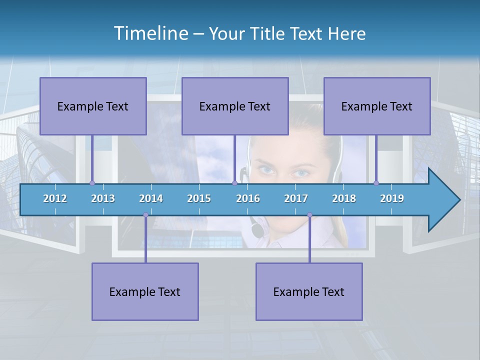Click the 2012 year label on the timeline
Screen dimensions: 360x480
point(55,198)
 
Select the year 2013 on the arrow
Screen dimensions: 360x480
point(103,198)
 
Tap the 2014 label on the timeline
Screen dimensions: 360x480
point(151,198)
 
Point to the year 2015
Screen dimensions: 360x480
point(199,198)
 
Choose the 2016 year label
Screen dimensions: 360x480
point(248,198)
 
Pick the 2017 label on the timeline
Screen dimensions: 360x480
point(296,198)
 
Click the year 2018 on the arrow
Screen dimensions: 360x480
point(344,198)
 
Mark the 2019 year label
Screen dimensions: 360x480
point(392,198)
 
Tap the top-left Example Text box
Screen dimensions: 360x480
point(93,106)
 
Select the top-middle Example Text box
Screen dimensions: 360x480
point(235,106)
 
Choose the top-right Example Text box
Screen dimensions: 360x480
point(377,106)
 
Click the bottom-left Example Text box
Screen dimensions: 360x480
point(145,291)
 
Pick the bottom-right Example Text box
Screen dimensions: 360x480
point(309,291)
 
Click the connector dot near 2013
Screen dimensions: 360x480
point(92,183)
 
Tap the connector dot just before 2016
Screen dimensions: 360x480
point(234,183)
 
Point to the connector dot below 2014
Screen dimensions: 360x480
point(145,215)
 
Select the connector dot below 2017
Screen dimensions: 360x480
point(309,215)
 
